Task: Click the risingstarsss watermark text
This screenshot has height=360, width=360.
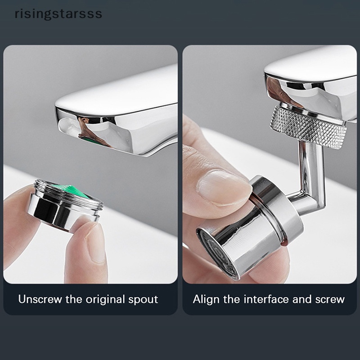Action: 58,13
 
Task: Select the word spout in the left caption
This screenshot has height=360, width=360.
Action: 143,299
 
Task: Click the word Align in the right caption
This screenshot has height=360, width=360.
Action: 205,299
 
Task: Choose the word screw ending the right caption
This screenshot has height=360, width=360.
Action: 329,299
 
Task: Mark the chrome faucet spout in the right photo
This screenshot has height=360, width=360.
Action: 310,76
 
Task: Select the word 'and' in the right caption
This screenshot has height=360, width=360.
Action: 301,299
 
